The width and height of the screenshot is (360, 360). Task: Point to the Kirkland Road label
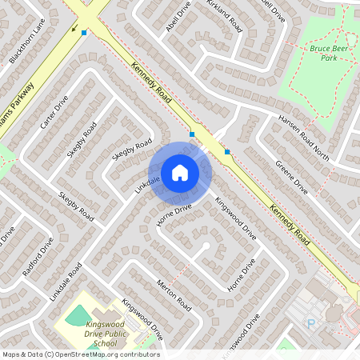click(225, 15)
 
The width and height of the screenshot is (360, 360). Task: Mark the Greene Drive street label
click(291, 176)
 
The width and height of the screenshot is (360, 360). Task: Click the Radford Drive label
click(38, 256)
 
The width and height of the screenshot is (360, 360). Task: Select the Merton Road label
click(174, 294)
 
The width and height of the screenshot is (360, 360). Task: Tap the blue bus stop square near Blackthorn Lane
click(84, 32)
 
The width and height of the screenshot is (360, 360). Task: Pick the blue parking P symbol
click(311, 323)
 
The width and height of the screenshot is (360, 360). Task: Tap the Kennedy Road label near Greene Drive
click(289, 224)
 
